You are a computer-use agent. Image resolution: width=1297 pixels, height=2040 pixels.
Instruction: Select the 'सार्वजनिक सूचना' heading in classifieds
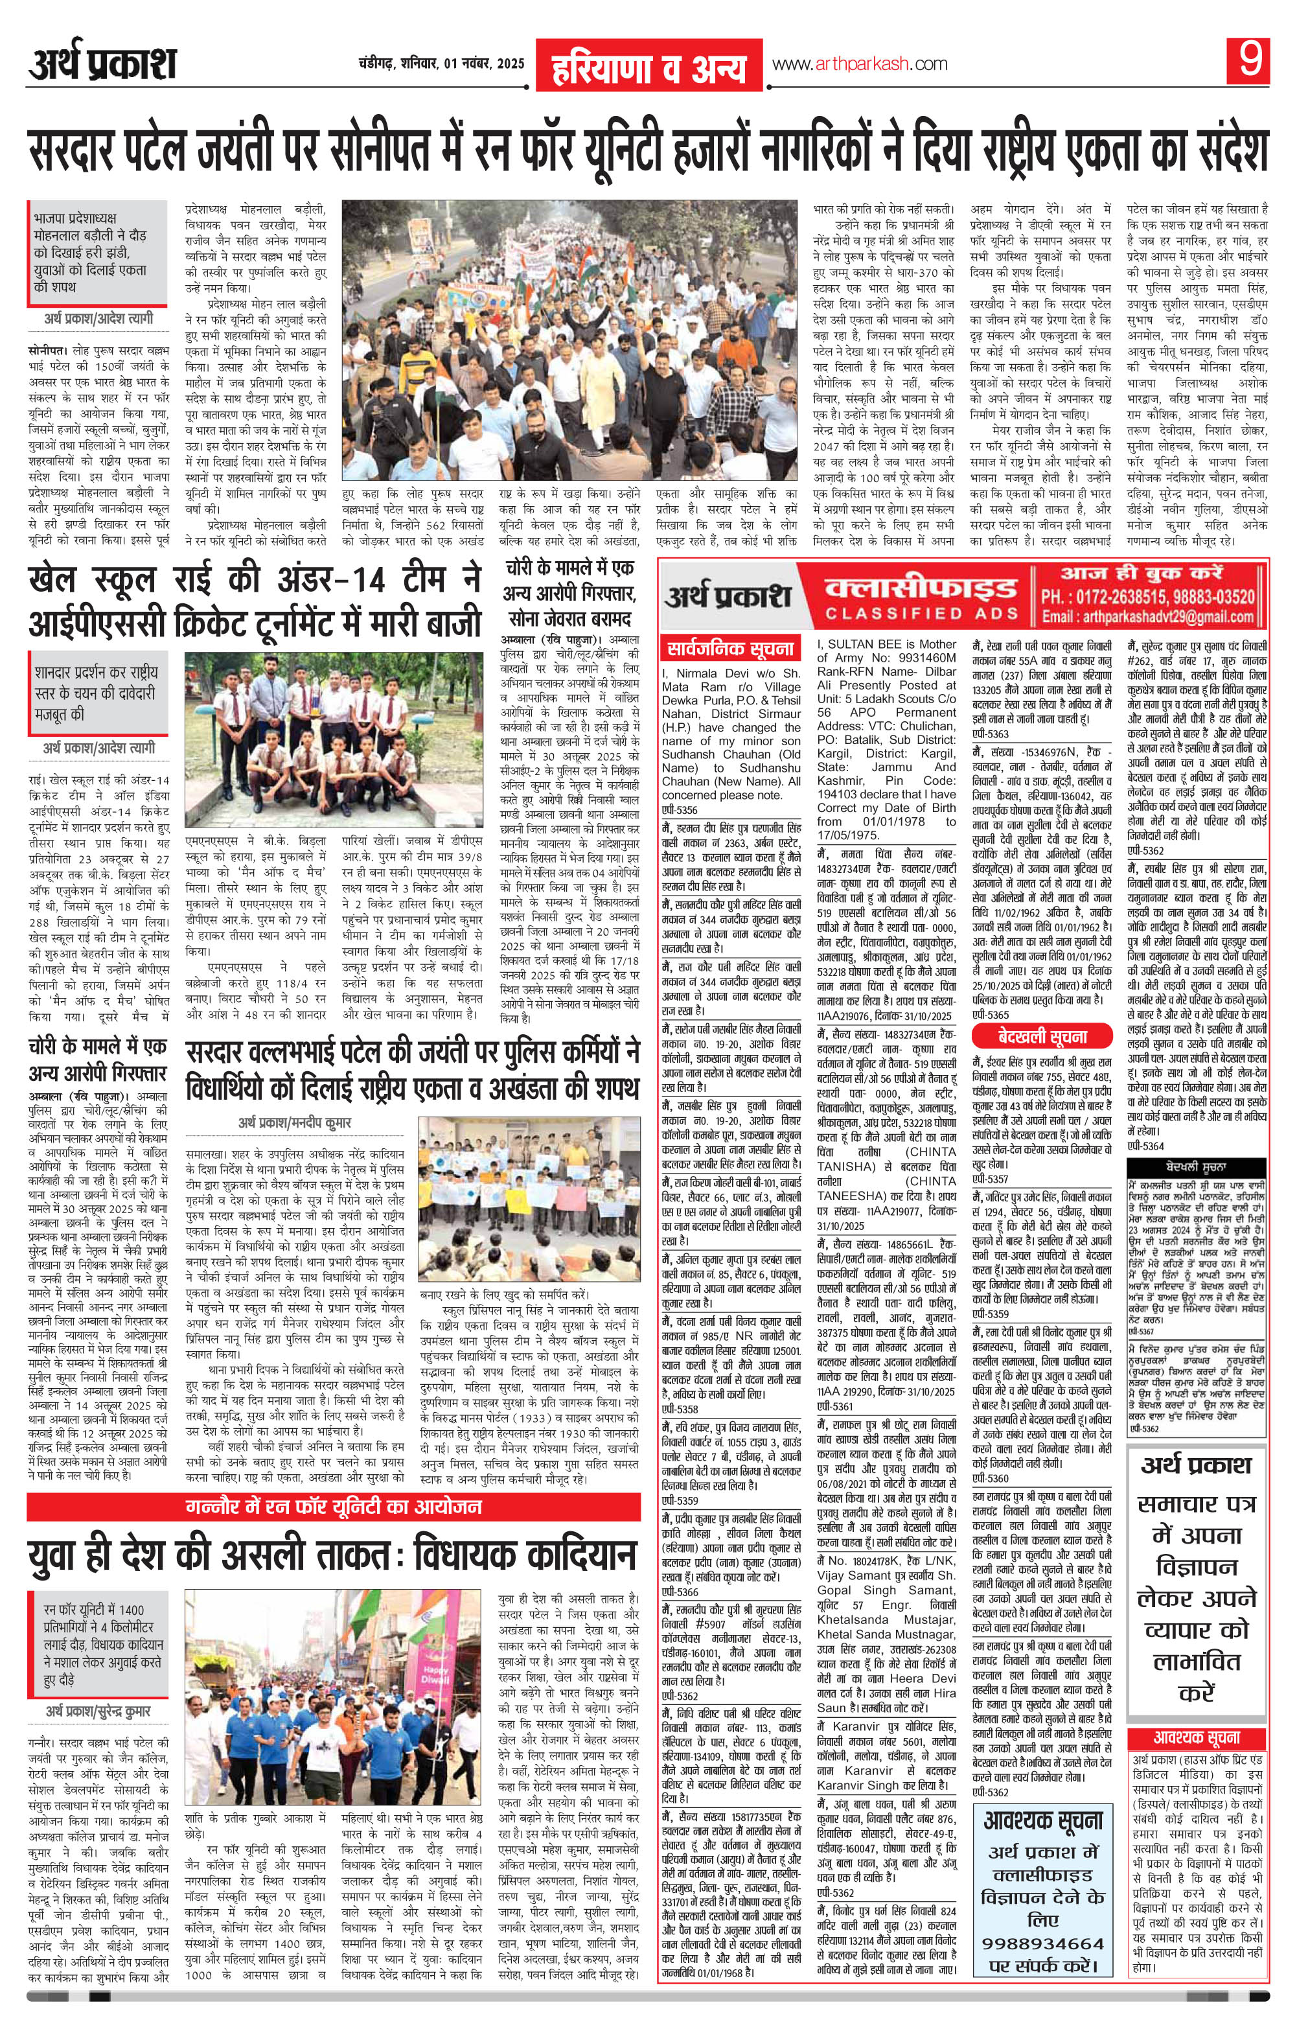pyautogui.click(x=729, y=651)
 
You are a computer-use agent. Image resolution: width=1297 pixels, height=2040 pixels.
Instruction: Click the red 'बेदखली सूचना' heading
pyautogui.click(x=1040, y=1036)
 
